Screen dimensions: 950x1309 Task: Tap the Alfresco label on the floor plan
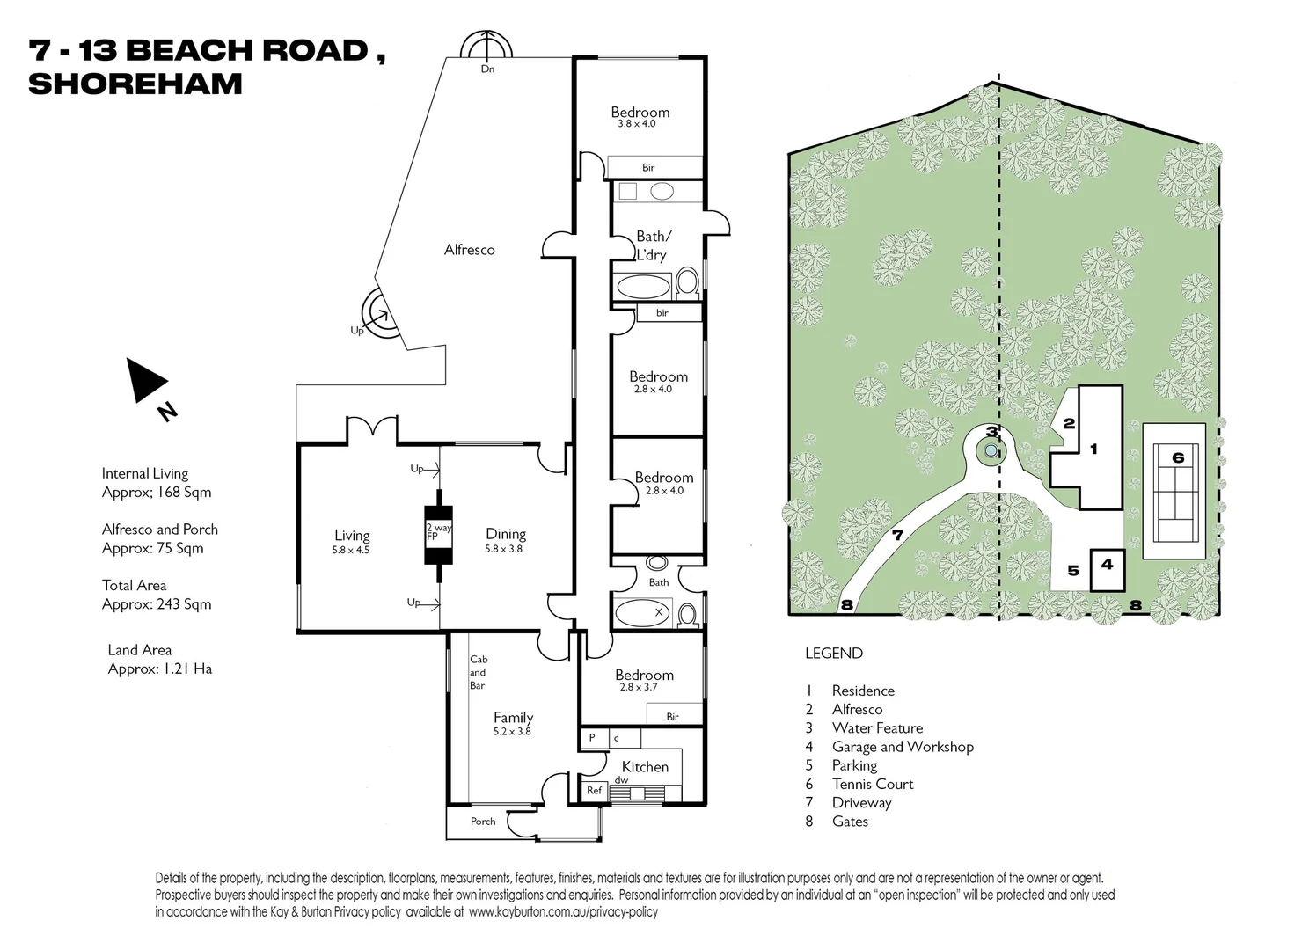point(469,250)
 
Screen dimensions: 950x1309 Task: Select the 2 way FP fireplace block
point(438,535)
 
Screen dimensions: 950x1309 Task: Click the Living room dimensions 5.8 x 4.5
point(352,551)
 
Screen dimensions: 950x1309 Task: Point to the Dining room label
point(506,534)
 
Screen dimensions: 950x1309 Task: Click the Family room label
point(513,718)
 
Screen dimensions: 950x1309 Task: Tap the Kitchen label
point(645,767)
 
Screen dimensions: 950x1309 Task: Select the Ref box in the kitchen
point(595,791)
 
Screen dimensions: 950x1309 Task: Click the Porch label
point(483,822)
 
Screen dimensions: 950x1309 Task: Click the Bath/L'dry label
point(652,245)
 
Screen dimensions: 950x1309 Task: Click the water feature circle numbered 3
point(991,451)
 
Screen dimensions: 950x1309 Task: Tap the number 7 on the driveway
point(897,535)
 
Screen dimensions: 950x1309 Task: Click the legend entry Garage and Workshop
point(903,747)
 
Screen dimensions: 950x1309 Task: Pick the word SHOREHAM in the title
point(135,84)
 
